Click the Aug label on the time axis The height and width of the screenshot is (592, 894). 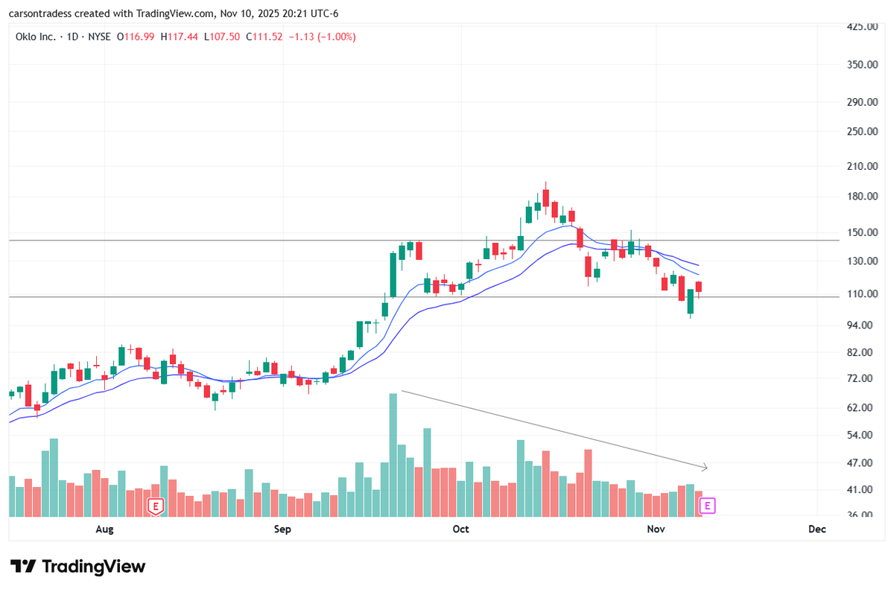pos(105,529)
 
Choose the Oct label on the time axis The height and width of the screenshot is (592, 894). pos(461,529)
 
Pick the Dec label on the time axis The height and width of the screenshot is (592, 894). pos(817,529)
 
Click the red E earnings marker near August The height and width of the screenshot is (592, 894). pos(156,506)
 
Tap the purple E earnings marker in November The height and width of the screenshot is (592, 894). pos(708,506)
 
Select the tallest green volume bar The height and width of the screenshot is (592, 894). pos(393,454)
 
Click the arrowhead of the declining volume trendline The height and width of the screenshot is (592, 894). pos(704,468)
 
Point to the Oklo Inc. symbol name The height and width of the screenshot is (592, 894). pos(37,36)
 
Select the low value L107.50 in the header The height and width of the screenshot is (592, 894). pos(221,36)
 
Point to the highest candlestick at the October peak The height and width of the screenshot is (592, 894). pos(546,195)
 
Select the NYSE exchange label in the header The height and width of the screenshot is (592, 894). pos(101,36)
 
